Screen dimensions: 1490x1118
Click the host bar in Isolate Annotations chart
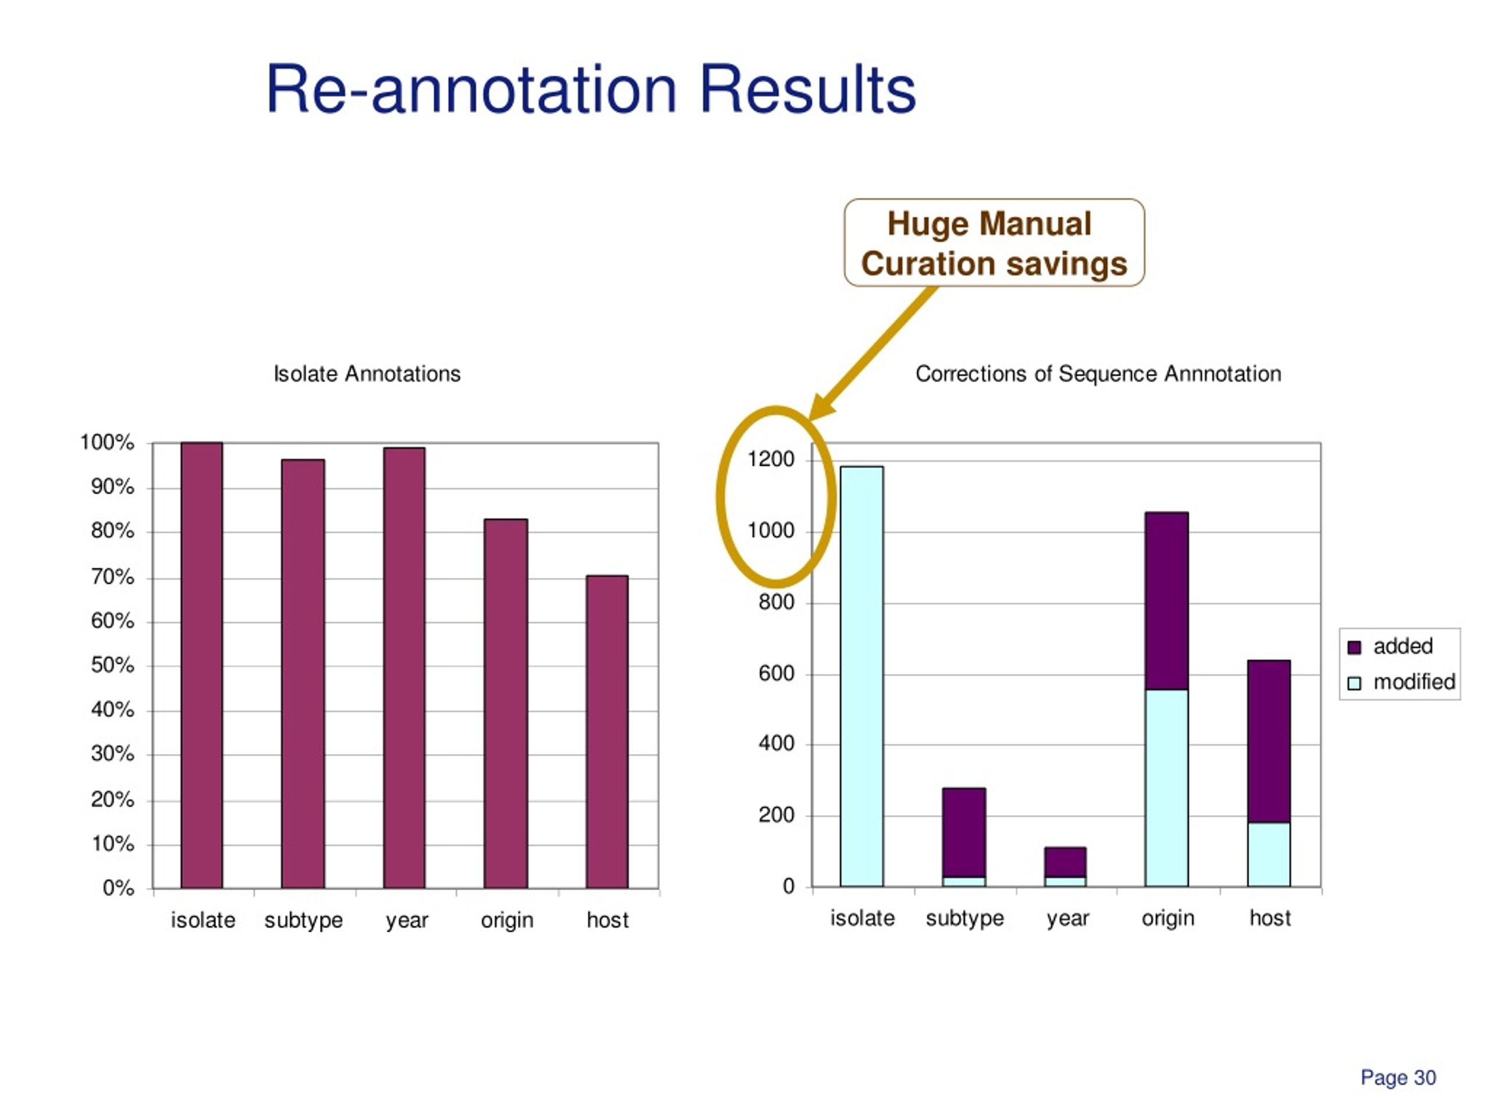607,732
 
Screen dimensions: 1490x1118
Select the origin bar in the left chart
506,703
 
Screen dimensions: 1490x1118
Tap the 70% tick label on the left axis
112,577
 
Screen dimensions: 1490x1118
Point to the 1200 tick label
771,459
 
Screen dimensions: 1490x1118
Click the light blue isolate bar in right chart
861,676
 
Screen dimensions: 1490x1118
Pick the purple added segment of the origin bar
1166,601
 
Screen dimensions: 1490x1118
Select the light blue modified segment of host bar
1269,854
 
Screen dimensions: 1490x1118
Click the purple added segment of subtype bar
964,832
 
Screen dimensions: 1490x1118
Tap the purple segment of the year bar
1065,862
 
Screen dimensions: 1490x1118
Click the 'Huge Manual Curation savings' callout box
994,243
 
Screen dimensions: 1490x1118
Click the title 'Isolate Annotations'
367,373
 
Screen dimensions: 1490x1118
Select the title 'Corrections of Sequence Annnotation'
1098,373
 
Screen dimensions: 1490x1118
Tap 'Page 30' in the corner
1399,1077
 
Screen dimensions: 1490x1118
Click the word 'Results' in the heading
808,90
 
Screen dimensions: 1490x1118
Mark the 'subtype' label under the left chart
303,921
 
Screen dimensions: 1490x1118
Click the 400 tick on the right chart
776,744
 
